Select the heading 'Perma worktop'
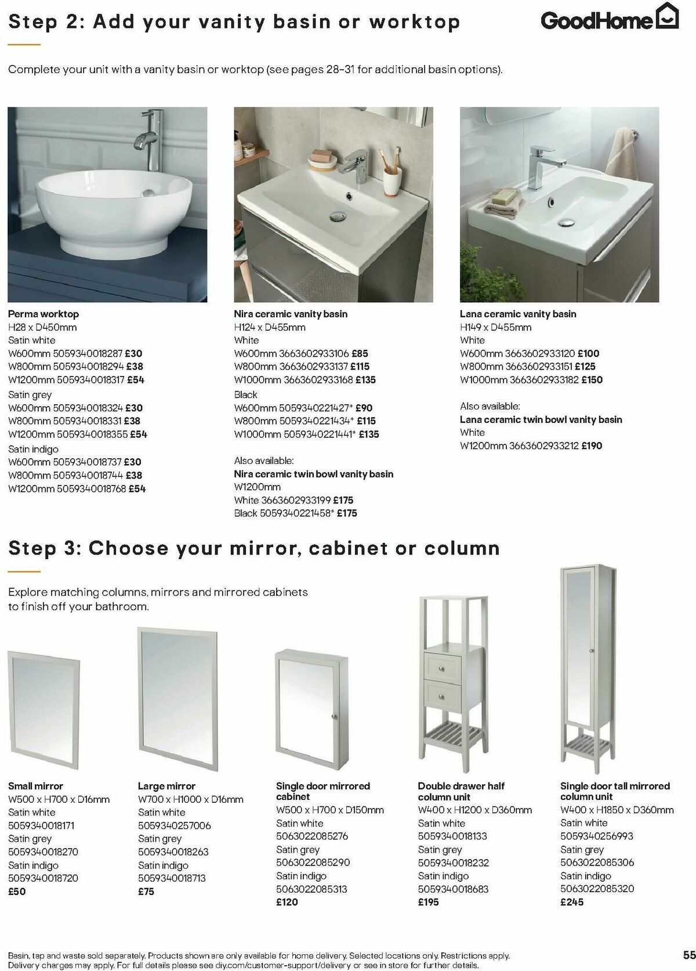coord(43,314)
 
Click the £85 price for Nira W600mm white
coord(359,353)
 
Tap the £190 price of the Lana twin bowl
coord(592,445)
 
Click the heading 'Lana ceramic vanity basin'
coord(518,314)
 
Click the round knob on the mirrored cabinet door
coord(334,718)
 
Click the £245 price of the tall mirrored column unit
coord(572,902)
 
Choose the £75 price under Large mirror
coord(146,892)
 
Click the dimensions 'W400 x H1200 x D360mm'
coord(474,810)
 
